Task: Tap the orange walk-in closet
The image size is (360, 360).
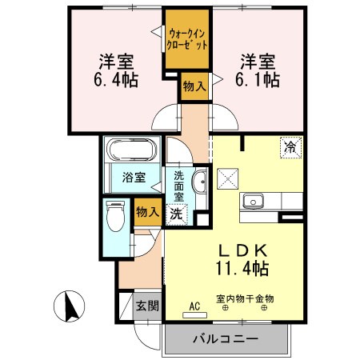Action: click(188, 40)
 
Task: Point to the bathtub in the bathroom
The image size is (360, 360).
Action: click(131, 150)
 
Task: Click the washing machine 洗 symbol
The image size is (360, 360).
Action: click(175, 214)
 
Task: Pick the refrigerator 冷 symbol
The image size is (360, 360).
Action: click(290, 147)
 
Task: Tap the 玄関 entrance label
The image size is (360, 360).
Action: click(146, 305)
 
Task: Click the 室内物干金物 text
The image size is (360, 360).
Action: click(245, 298)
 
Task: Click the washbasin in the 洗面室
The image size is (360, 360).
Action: click(200, 180)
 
